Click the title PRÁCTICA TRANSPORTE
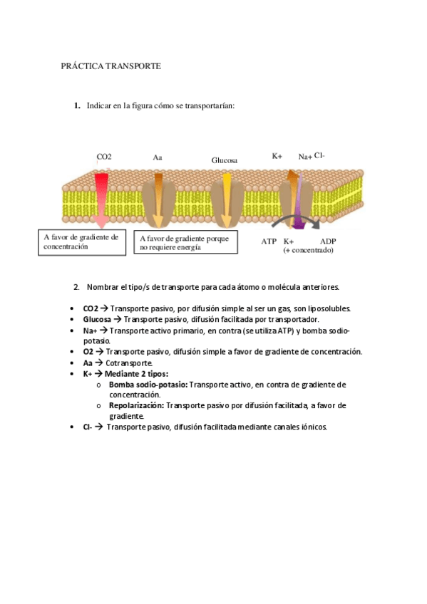pyautogui.click(x=110, y=66)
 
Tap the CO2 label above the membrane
pyautogui.click(x=104, y=157)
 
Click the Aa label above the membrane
pyautogui.click(x=158, y=157)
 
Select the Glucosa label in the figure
pyautogui.click(x=224, y=160)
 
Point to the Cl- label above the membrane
pyautogui.click(x=320, y=155)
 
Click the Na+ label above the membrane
pyautogui.click(x=304, y=157)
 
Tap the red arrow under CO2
pyautogui.click(x=102, y=199)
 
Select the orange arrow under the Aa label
pyautogui.click(x=158, y=199)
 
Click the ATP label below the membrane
pyautogui.click(x=269, y=241)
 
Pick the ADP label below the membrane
pyautogui.click(x=328, y=241)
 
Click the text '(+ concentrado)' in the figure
pyautogui.click(x=309, y=251)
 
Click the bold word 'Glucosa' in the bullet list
pyautogui.click(x=97, y=320)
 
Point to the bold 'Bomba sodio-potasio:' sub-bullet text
pyautogui.click(x=148, y=384)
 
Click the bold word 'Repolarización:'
pyautogui.click(x=137, y=405)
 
